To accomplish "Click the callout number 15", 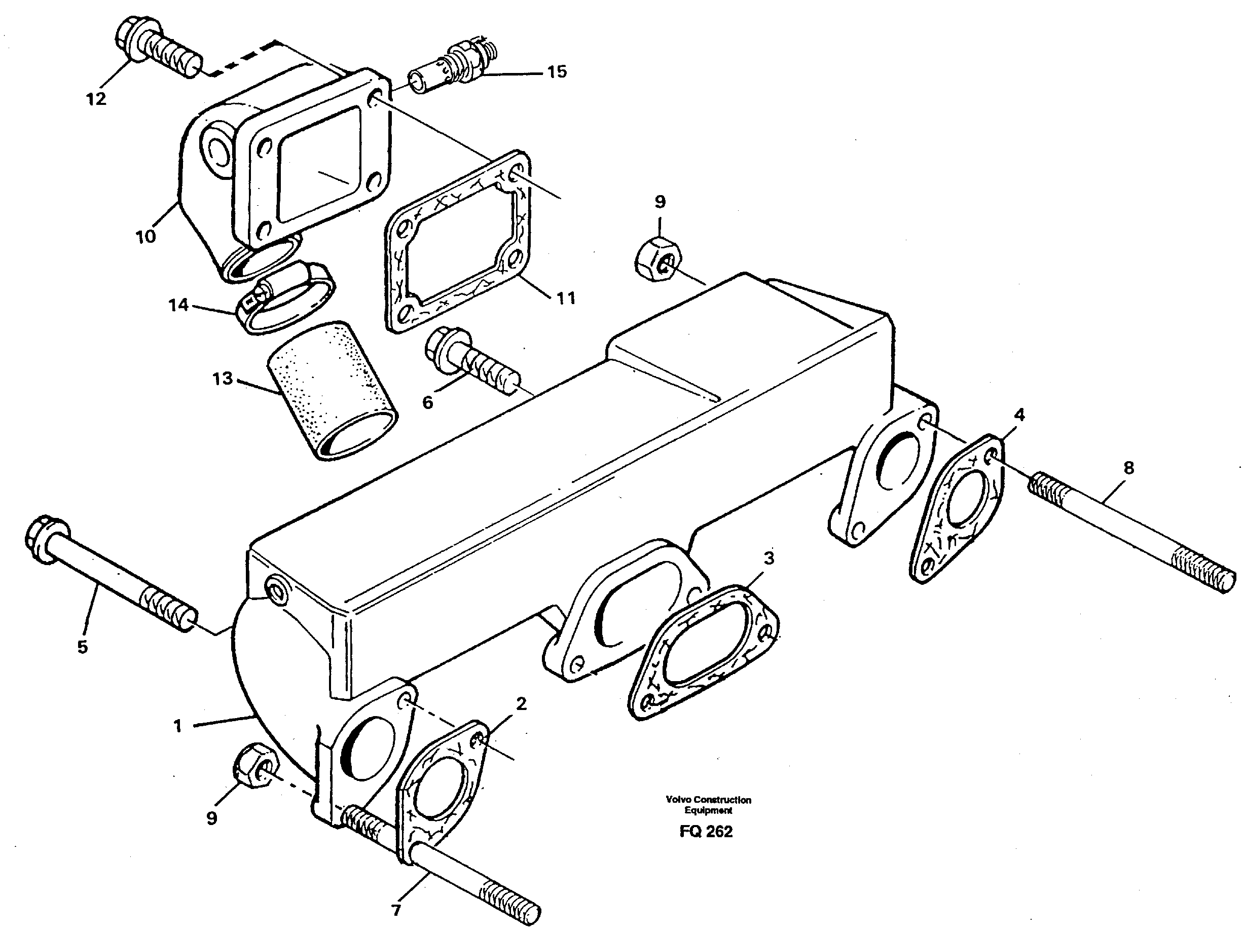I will point(557,72).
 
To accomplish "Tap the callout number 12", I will point(96,99).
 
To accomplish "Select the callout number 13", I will point(223,379).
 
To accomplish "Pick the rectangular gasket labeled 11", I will point(457,242).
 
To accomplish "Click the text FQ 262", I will point(706,832).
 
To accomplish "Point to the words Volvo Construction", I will point(708,800).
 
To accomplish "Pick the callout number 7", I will point(396,910).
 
